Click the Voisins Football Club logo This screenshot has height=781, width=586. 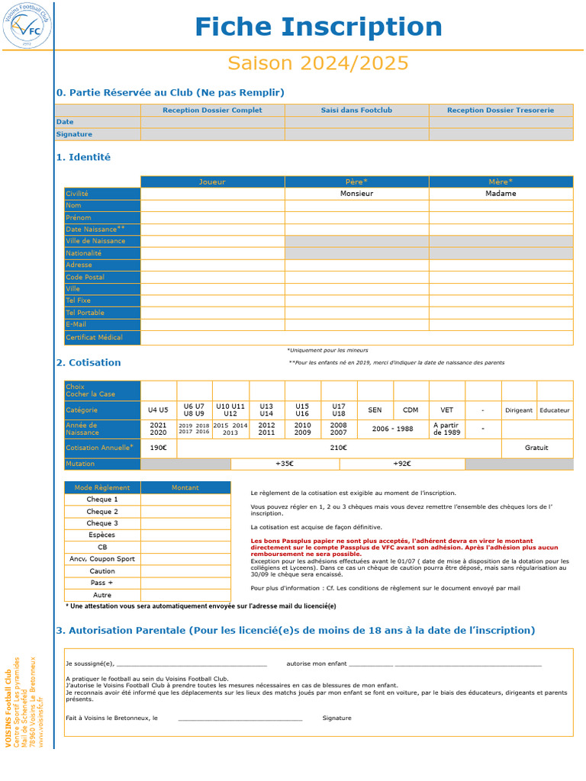click(x=26, y=25)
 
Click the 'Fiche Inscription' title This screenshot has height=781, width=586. click(x=318, y=27)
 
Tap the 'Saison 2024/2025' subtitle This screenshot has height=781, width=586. click(x=318, y=63)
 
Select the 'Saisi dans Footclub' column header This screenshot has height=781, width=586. click(x=356, y=111)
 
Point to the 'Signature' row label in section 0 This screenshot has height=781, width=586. click(x=74, y=134)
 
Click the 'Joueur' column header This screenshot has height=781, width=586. click(x=212, y=182)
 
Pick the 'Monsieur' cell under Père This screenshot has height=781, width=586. click(x=356, y=194)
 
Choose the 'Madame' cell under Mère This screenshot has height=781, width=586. click(x=501, y=194)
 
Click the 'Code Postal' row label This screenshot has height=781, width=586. click(x=85, y=278)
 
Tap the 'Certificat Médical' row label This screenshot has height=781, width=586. click(x=94, y=337)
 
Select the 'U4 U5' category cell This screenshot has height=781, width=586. click(x=158, y=410)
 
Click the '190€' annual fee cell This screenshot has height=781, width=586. click(x=158, y=448)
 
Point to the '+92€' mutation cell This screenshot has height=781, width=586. click(x=401, y=464)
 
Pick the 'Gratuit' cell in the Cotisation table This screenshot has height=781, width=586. click(x=536, y=448)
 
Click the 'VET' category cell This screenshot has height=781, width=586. click(x=446, y=410)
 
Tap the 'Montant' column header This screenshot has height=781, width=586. click(x=185, y=487)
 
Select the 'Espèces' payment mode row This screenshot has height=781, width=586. click(x=102, y=535)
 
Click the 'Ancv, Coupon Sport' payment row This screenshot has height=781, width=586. click(x=102, y=559)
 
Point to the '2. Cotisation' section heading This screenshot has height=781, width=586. click(x=89, y=363)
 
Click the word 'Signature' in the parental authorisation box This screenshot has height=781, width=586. click(x=336, y=718)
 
